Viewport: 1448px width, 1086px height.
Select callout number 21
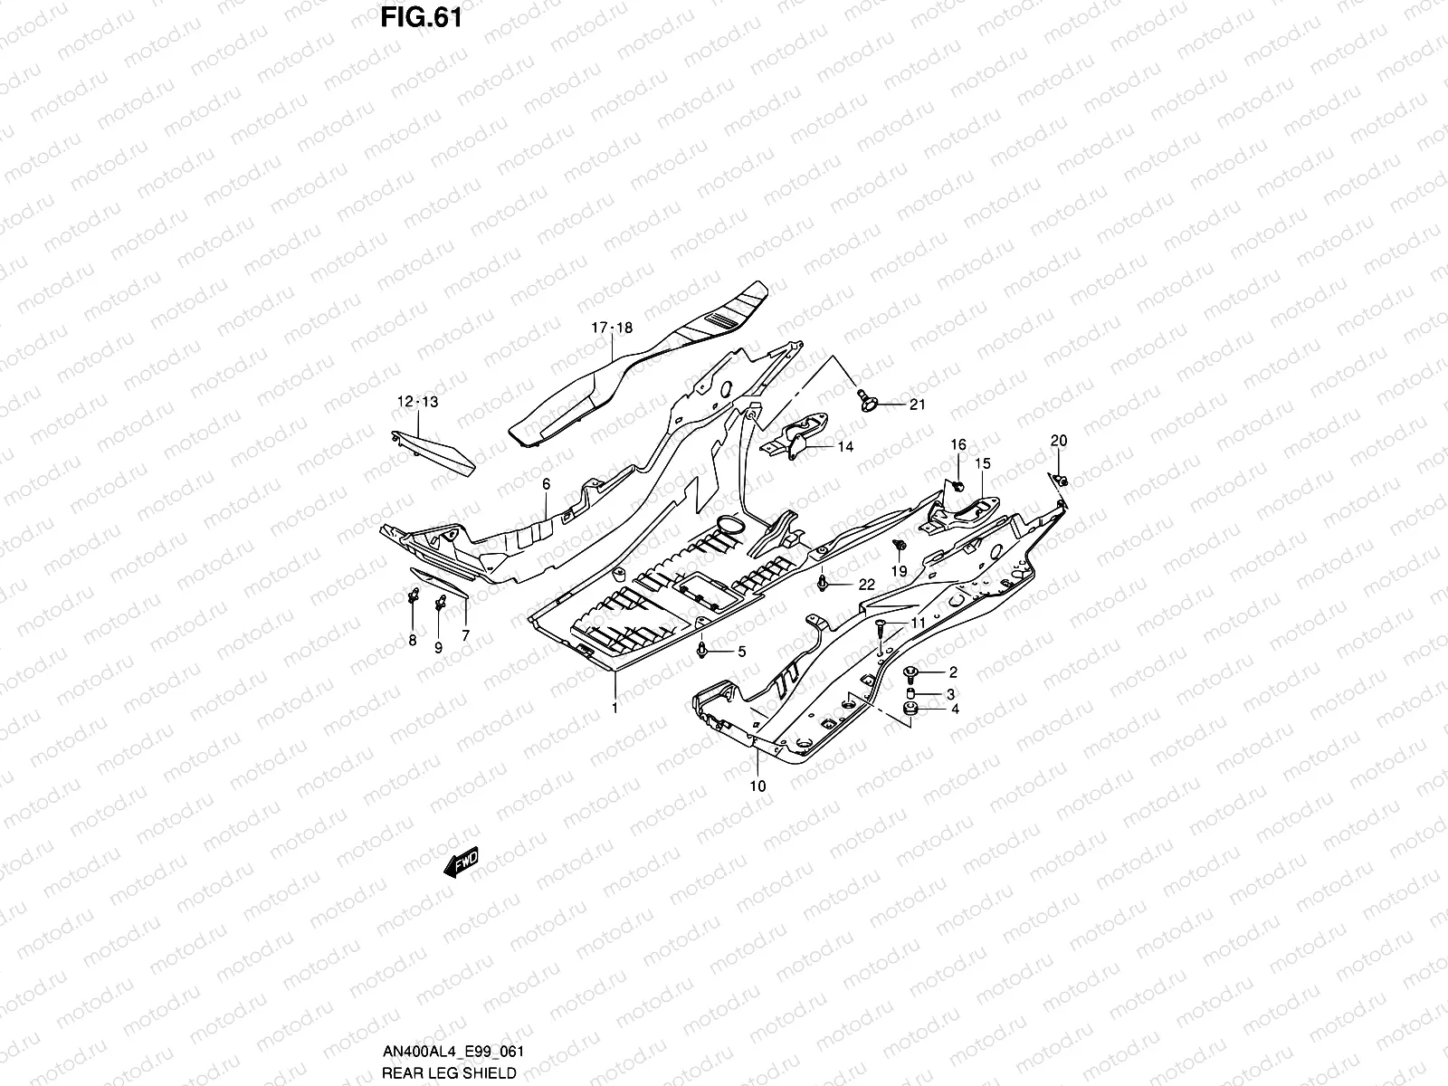point(917,405)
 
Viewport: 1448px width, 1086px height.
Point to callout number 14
point(844,446)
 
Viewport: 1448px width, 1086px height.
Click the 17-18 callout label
point(613,327)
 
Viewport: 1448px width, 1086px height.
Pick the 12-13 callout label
point(416,401)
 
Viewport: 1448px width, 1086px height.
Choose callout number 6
point(546,484)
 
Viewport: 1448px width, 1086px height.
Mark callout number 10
point(757,786)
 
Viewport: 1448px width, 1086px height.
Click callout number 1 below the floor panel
point(614,708)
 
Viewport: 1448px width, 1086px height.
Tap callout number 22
point(866,585)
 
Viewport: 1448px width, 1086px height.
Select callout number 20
point(1058,441)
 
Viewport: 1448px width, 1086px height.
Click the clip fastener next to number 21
point(866,399)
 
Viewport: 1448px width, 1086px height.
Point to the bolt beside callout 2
point(910,672)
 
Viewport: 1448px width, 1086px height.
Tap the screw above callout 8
point(413,595)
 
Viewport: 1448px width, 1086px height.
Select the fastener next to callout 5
point(703,649)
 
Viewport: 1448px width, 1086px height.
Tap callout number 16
point(957,444)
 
